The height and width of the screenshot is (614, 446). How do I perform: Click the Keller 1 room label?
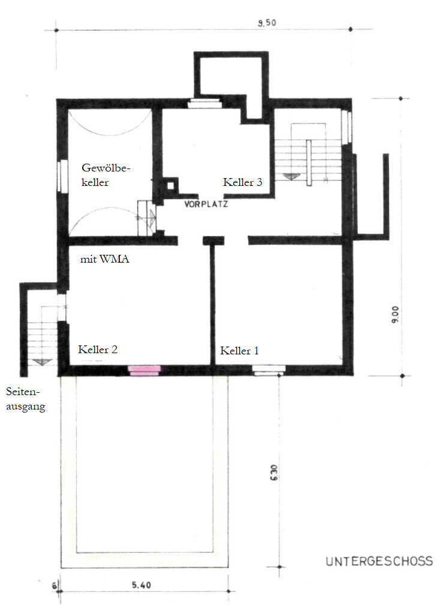pos(240,351)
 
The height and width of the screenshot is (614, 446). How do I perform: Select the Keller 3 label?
pos(243,182)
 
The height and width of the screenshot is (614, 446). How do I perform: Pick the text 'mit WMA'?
pos(105,260)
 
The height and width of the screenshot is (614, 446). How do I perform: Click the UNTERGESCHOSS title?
pos(379,562)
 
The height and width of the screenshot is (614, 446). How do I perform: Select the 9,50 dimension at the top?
pos(267,24)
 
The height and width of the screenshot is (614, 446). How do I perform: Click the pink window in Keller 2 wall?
pos(145,371)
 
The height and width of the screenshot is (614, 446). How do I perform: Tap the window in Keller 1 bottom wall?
pos(267,371)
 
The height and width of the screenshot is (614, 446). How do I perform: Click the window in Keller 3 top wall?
pos(206,103)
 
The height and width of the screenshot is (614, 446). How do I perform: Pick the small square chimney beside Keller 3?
pos(172,186)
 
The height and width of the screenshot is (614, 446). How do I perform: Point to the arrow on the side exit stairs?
pos(41,362)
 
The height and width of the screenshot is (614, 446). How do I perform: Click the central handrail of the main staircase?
pos(308,162)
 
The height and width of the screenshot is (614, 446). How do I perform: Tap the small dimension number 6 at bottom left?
pos(54,586)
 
